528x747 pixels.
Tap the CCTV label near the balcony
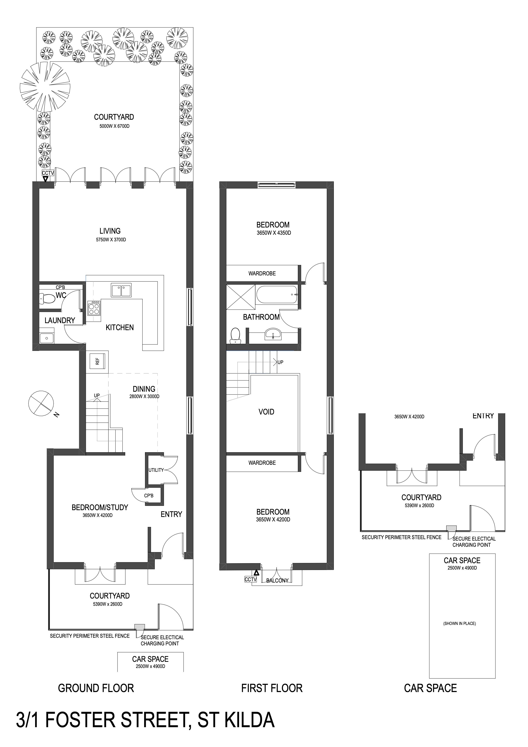coord(251,579)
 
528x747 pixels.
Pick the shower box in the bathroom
coord(241,297)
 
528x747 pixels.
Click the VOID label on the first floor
coord(266,412)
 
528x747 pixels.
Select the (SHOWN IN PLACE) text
coord(459,623)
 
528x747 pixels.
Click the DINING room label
coord(144,389)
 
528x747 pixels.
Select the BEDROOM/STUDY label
coord(100,507)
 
